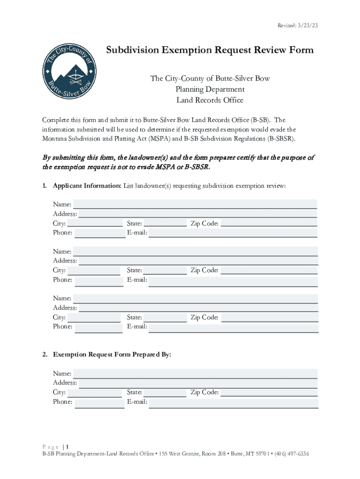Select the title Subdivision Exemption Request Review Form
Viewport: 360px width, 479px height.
click(209, 51)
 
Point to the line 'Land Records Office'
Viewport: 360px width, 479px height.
click(209, 100)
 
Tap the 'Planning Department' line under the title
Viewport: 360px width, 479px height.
click(210, 89)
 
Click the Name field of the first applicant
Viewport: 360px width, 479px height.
click(195, 204)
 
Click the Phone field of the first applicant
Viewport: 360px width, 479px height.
click(100, 232)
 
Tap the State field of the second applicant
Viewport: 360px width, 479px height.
click(165, 270)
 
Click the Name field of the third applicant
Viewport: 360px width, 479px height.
click(195, 298)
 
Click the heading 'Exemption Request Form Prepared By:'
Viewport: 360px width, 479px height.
click(112, 355)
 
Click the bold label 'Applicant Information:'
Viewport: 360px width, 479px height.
click(87, 186)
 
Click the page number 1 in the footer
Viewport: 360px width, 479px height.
click(68, 446)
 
